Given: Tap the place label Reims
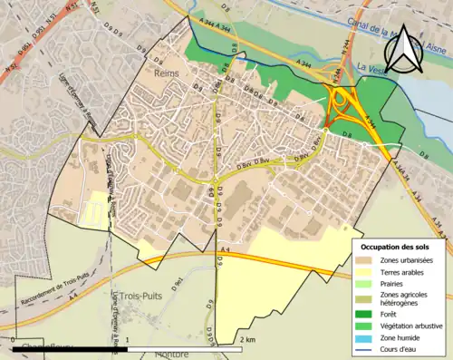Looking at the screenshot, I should click(167, 73).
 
